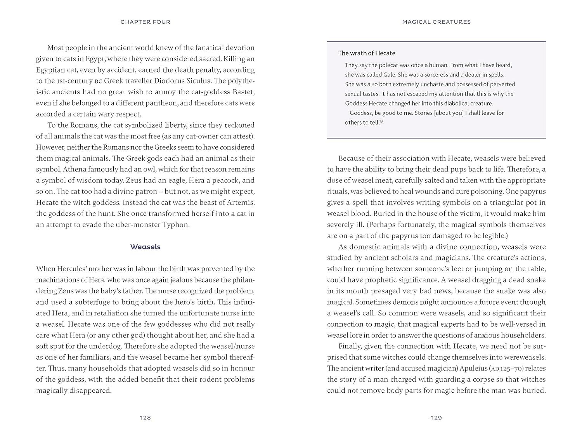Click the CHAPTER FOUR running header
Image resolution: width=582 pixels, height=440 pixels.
tap(145, 22)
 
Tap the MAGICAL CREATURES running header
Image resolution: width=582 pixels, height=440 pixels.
tap(436, 22)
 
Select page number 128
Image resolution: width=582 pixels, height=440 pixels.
tap(145, 418)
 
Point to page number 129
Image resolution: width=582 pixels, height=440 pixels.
tap(436, 418)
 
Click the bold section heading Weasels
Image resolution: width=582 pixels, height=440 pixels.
tap(145, 247)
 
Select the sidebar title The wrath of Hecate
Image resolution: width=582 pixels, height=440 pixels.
tap(366, 53)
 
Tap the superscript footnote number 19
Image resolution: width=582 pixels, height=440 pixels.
tap(381, 121)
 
